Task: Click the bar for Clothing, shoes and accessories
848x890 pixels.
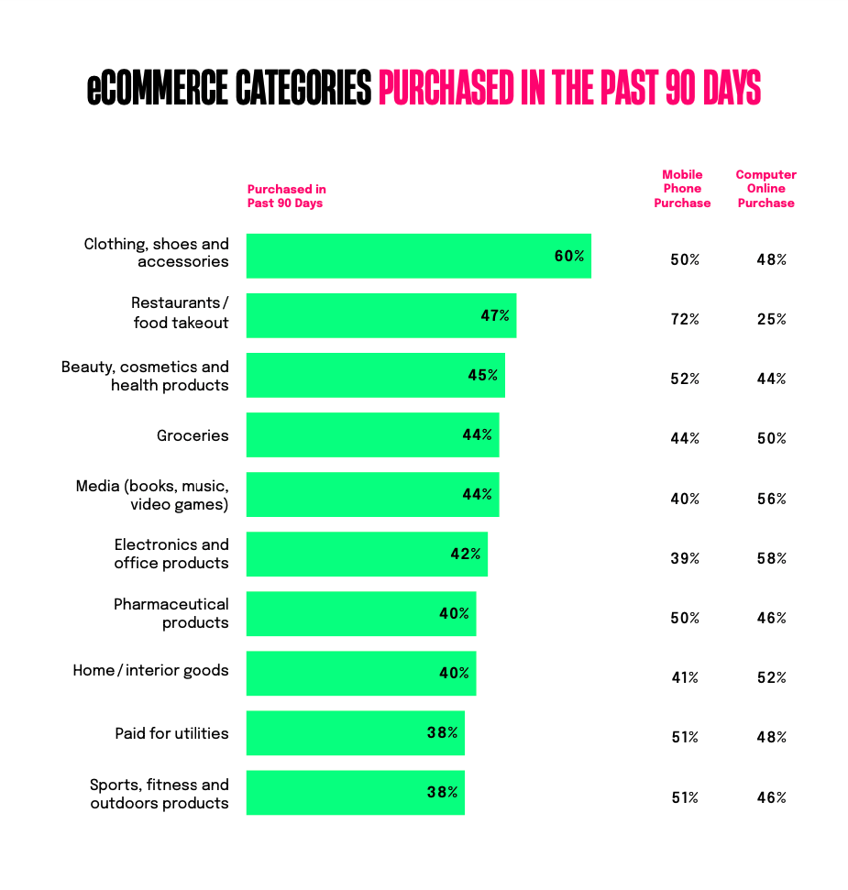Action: [x=418, y=256]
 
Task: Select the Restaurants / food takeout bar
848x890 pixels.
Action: [x=380, y=315]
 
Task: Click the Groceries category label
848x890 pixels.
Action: [x=193, y=435]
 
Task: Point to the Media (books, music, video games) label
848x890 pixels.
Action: [x=152, y=495]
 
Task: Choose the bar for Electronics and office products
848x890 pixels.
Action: [x=367, y=554]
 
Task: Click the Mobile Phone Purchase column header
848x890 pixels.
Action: [x=682, y=189]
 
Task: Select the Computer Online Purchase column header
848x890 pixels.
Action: [x=765, y=189]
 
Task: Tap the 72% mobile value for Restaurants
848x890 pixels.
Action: [x=684, y=319]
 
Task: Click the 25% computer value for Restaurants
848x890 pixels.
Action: [x=771, y=319]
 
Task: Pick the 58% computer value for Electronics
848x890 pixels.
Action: [x=771, y=558]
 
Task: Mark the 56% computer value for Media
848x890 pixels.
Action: [x=771, y=499]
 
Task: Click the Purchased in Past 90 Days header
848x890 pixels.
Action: [x=286, y=196]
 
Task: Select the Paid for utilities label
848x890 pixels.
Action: [x=171, y=733]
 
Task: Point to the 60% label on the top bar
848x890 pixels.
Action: [x=568, y=256]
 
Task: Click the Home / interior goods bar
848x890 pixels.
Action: [x=360, y=673]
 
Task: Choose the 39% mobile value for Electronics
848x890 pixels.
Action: [x=684, y=558]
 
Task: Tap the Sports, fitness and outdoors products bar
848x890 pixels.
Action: [x=355, y=792]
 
